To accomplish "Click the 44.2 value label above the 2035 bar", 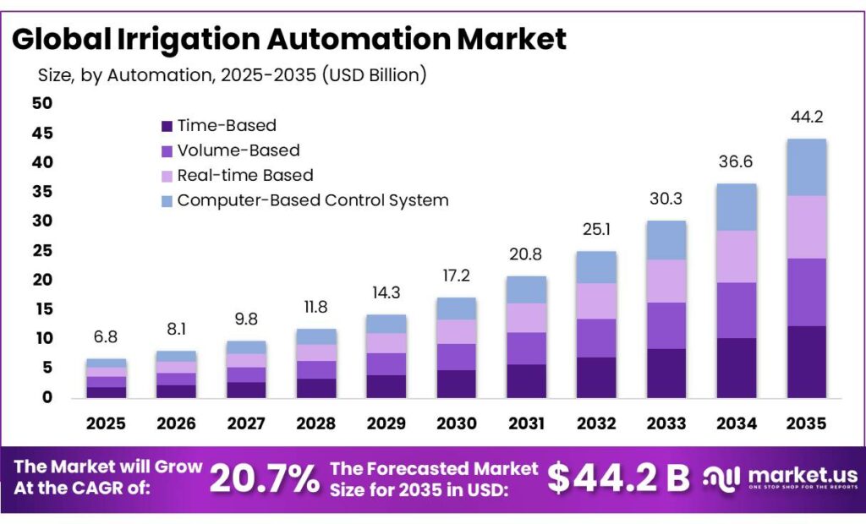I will coord(807,117).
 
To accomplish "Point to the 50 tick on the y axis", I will coord(41,103).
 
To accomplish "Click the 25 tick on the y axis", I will coord(41,250).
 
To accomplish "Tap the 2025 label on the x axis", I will coord(105,422).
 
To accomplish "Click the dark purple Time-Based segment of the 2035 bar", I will coord(807,362).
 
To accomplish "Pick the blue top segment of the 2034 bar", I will coord(736,207).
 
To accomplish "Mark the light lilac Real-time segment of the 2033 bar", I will coord(666,281).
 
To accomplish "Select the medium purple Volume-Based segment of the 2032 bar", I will coord(595,338).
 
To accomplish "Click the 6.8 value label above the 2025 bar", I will coord(105,337).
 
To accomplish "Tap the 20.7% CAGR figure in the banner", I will coord(264,479).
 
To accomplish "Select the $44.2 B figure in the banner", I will coord(618,478).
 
